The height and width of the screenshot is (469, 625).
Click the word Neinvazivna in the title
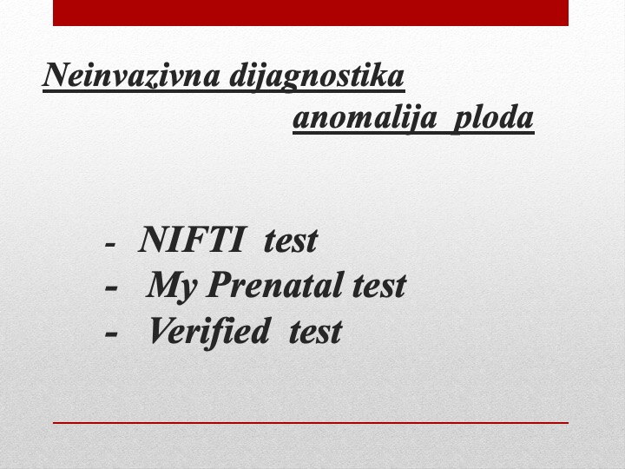pyautogui.click(x=132, y=75)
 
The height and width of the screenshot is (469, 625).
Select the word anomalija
pyautogui.click(x=365, y=118)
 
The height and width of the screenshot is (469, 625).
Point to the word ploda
pyautogui.click(x=493, y=118)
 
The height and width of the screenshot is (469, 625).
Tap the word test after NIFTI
pyautogui.click(x=291, y=241)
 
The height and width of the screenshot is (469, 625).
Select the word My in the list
pyautogui.click(x=171, y=287)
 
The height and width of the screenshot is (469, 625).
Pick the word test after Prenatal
pyautogui.click(x=379, y=286)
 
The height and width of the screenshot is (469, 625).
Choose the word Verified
pyautogui.click(x=208, y=332)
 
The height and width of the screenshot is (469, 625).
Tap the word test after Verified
pyautogui.click(x=315, y=332)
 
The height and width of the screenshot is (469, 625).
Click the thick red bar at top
pyautogui.click(x=311, y=13)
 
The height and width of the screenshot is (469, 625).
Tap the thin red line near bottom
pyautogui.click(x=311, y=423)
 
